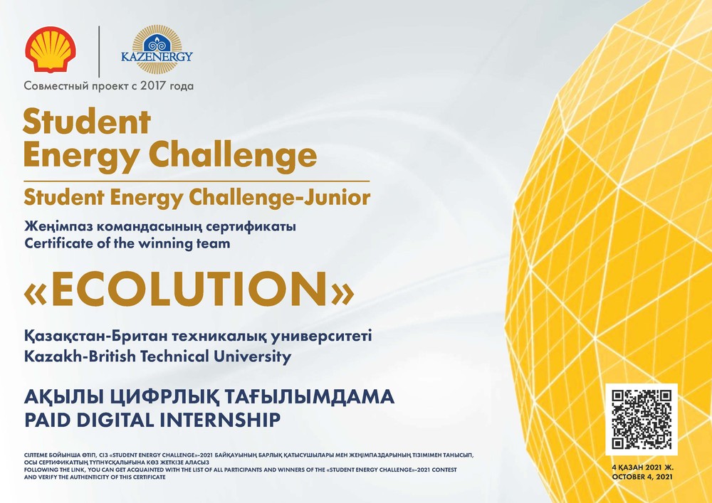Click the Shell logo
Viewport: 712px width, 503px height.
tap(51, 49)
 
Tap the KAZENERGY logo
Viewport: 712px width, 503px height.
tap(157, 49)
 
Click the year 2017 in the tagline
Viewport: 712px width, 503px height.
tap(153, 85)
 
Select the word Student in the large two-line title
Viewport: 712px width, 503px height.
tap(87, 121)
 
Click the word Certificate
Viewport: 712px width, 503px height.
tap(51, 243)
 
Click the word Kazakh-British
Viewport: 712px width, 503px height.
tap(80, 356)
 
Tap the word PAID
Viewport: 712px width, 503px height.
tap(48, 420)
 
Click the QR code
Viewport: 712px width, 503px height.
tap(642, 419)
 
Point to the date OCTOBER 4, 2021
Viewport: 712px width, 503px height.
tap(642, 477)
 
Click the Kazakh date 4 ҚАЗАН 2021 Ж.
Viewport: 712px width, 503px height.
tap(642, 467)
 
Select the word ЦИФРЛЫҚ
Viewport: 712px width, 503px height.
tap(165, 397)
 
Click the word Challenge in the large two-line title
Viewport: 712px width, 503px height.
tap(233, 155)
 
